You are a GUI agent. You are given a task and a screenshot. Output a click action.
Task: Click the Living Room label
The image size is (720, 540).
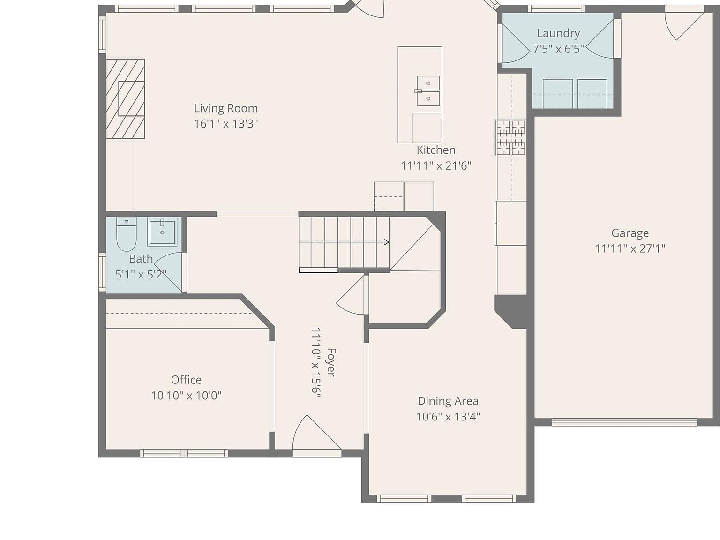click(x=225, y=108)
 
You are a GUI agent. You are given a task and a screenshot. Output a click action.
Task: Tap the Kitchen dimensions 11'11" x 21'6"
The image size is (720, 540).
click(x=435, y=165)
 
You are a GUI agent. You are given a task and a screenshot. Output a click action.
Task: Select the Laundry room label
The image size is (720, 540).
click(x=558, y=33)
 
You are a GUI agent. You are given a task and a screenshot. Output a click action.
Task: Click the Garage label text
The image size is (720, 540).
click(x=630, y=233)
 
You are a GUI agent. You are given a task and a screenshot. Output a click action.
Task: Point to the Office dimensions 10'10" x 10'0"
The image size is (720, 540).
click(x=186, y=395)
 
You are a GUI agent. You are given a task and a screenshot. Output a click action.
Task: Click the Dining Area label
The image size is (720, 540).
click(x=448, y=401)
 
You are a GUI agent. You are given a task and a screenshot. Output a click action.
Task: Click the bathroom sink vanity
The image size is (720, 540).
click(x=162, y=232)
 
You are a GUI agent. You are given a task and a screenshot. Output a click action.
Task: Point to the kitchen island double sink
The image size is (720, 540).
click(x=428, y=91)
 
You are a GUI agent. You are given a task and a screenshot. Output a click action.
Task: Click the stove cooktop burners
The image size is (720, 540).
click(x=511, y=138)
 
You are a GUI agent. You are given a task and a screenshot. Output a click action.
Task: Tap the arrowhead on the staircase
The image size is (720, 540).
click(x=386, y=242)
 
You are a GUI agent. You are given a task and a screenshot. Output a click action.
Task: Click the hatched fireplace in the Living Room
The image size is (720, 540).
click(x=125, y=98)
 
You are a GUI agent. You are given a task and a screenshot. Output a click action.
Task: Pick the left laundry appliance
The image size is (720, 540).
click(x=557, y=93)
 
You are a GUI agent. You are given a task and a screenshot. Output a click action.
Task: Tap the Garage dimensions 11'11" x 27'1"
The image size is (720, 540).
click(x=630, y=248)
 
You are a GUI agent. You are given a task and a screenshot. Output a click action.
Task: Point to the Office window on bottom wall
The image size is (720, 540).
click(x=184, y=453)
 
